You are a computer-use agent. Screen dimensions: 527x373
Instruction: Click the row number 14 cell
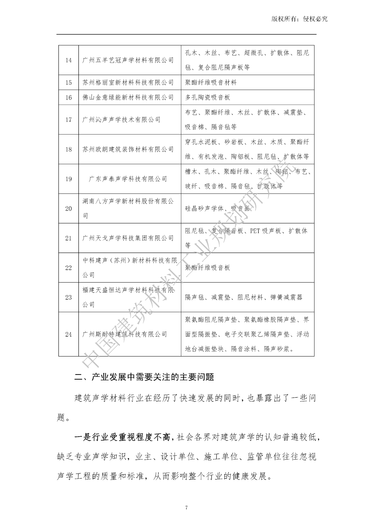click(x=68, y=60)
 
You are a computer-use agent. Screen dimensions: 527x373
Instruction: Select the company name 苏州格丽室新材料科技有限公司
click(x=128, y=82)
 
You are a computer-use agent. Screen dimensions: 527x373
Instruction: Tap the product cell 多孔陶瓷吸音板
click(x=207, y=97)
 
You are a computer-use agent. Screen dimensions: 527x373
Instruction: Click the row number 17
click(x=68, y=120)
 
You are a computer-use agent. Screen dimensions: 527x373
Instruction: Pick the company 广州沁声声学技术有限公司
click(x=121, y=120)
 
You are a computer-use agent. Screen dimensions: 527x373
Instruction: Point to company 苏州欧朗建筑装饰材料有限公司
click(x=128, y=149)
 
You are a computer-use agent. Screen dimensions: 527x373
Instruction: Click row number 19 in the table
click(x=68, y=179)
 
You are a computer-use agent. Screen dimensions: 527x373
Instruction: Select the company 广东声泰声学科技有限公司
click(x=128, y=179)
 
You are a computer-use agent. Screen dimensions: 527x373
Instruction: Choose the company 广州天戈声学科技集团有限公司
click(x=128, y=238)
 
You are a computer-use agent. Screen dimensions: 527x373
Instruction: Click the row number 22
click(x=68, y=268)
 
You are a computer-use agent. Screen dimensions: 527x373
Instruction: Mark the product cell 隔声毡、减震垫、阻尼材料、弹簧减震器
click(x=244, y=297)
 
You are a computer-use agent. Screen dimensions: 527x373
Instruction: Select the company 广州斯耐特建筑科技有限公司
click(x=125, y=334)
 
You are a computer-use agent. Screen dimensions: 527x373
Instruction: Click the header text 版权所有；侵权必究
click(x=299, y=19)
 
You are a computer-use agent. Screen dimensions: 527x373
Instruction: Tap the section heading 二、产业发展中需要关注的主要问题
click(x=144, y=377)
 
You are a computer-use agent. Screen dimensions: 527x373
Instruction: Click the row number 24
click(x=68, y=334)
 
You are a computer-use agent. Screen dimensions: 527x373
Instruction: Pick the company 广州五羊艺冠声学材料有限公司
click(x=128, y=60)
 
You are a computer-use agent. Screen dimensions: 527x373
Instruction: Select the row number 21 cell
click(x=68, y=238)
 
